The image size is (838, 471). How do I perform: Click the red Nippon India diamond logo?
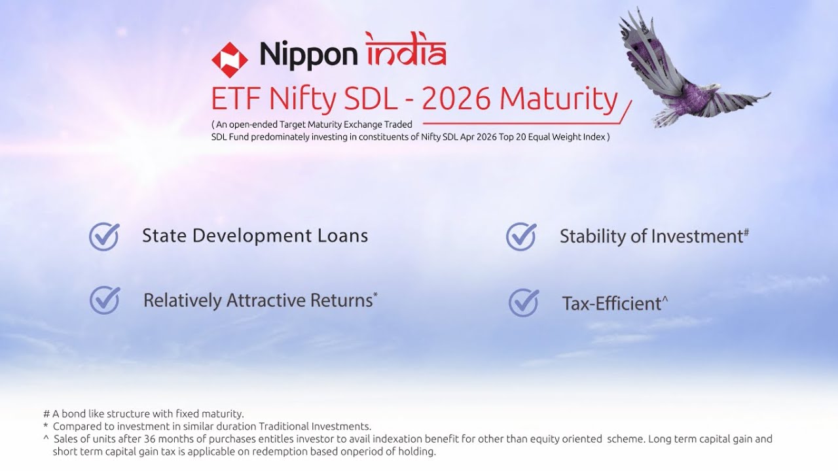(x=230, y=59)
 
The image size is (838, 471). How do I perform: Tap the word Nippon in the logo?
(x=309, y=55)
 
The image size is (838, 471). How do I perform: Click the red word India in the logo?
(x=406, y=51)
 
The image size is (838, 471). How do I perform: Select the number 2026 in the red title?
(x=456, y=99)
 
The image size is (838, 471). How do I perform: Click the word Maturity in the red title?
(x=558, y=99)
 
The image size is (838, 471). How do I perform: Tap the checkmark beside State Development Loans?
(x=104, y=236)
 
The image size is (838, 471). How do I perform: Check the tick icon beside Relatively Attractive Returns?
(x=105, y=300)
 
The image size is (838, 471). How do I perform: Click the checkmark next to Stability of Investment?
(x=521, y=236)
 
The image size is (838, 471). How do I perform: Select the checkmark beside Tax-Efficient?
(x=524, y=302)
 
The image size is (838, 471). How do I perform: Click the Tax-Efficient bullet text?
(x=611, y=304)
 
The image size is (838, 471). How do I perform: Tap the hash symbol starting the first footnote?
(x=46, y=413)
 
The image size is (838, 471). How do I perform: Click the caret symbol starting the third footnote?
(x=46, y=439)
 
